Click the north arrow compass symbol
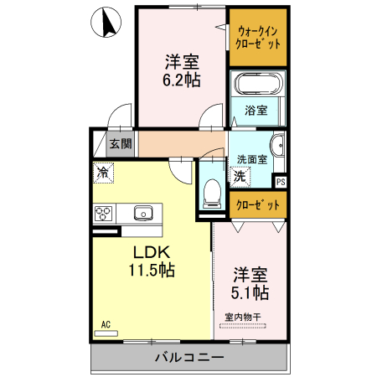point(107,23)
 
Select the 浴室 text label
point(256,110)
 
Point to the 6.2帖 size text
point(181,80)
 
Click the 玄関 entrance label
point(121,143)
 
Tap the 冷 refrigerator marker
point(102,173)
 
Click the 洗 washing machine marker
point(240,176)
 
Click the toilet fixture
point(211,191)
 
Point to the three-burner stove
point(105,213)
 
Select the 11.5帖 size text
point(151,270)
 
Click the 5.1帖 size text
point(250,292)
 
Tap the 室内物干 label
point(244,316)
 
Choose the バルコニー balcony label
point(188,359)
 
